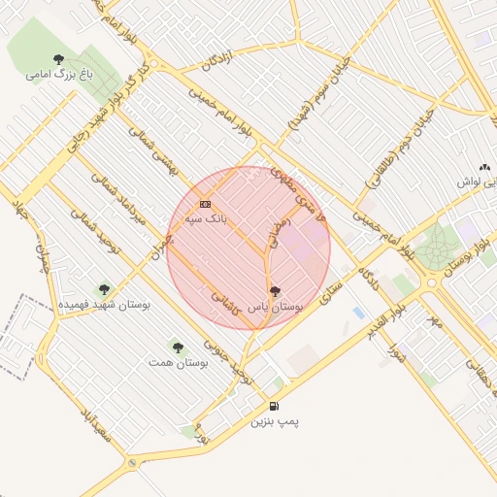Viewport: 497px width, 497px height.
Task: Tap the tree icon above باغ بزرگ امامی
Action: pyautogui.click(x=59, y=58)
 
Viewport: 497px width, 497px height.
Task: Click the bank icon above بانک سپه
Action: pyautogui.click(x=205, y=204)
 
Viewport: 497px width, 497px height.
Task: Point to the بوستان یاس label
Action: pyautogui.click(x=275, y=306)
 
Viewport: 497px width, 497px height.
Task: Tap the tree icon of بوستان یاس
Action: pyautogui.click(x=275, y=290)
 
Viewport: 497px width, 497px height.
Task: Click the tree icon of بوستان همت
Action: pyautogui.click(x=177, y=345)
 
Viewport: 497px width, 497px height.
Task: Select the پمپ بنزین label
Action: pyautogui.click(x=276, y=421)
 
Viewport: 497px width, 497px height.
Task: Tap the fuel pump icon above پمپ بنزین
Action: pyautogui.click(x=275, y=406)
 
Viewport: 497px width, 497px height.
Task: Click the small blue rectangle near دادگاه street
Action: pyautogui.click(x=359, y=313)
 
